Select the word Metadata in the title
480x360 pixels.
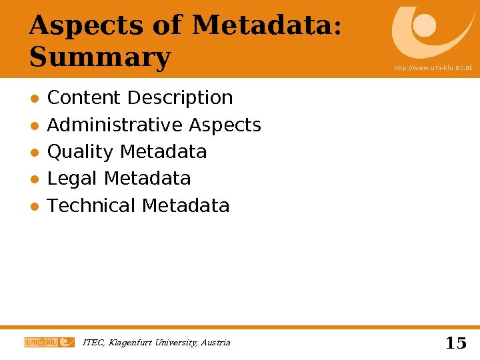pyautogui.click(x=263, y=25)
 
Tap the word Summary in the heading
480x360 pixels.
pyautogui.click(x=100, y=57)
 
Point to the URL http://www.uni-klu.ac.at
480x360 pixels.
pyautogui.click(x=433, y=68)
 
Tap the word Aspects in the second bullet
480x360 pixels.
pyautogui.click(x=225, y=125)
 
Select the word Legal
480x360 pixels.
pyautogui.click(x=73, y=179)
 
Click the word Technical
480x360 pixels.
pyautogui.click(x=91, y=205)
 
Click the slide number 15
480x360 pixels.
pyautogui.click(x=455, y=343)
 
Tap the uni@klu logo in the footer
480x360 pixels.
pyautogui.click(x=49, y=342)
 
